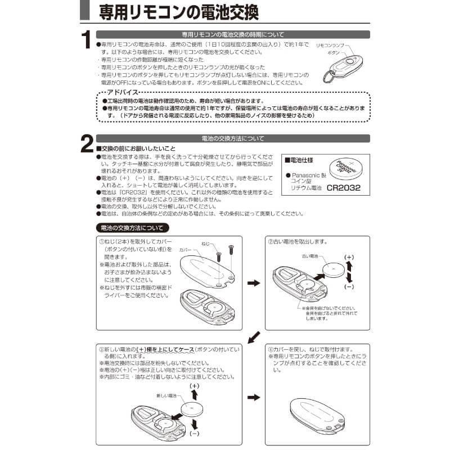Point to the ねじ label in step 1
(x=206, y=244)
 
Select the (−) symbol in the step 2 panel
(x=349, y=286)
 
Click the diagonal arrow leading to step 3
(x=254, y=336)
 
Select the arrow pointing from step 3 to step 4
(x=254, y=397)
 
